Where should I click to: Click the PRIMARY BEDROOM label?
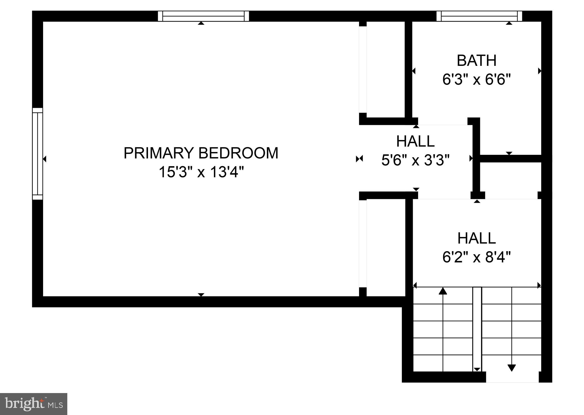point(201,153)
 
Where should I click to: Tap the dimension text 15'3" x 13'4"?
point(201,172)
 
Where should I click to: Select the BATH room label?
point(476,61)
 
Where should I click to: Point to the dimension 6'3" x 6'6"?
point(476,80)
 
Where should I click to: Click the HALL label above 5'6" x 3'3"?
point(415,141)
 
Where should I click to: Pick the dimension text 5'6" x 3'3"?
point(415,160)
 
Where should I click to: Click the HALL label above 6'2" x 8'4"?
point(476,238)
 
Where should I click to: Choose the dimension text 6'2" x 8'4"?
point(476,257)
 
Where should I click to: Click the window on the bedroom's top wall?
point(203,16)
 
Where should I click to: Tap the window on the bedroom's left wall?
point(37,154)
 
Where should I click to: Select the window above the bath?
point(479,16)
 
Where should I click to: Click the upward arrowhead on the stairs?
point(443,291)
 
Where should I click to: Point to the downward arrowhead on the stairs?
point(512,368)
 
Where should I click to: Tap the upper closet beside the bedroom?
point(385,70)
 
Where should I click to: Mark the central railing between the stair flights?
point(477,328)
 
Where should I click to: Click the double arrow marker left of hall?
point(359,159)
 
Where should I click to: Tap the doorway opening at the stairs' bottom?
point(512,377)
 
